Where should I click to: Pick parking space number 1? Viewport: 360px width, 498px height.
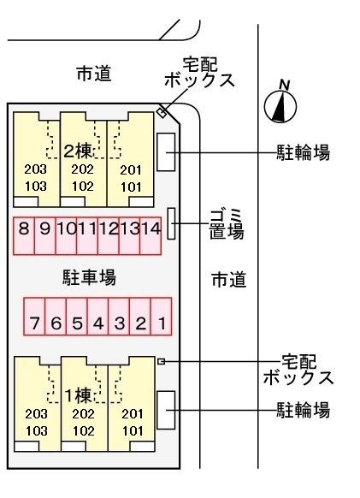(162, 323)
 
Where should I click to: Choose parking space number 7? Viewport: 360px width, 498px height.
(34, 323)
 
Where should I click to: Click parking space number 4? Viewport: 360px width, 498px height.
(98, 323)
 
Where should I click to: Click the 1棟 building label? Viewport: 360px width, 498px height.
(79, 394)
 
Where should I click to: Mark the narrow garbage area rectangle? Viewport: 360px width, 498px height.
(171, 223)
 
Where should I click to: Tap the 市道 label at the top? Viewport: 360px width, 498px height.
(94, 74)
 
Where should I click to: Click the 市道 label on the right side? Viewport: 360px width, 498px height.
(228, 279)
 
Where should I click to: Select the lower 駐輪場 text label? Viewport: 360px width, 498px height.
(303, 411)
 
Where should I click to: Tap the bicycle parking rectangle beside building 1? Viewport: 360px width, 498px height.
(167, 411)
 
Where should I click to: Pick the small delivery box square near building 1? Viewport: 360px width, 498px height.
(161, 362)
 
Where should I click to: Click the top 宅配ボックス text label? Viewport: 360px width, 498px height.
(199, 72)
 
